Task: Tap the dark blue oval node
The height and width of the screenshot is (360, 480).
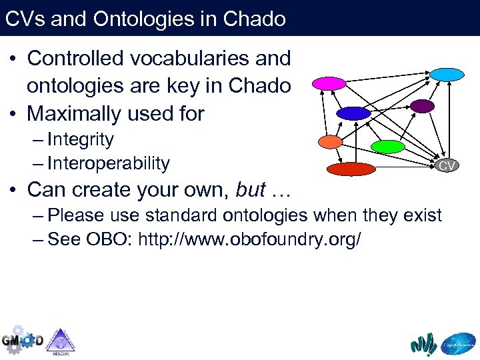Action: [353, 113]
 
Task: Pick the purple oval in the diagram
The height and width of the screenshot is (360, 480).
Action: [422, 106]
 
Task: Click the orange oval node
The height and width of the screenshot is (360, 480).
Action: [330, 141]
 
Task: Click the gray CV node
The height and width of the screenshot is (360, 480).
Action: [446, 165]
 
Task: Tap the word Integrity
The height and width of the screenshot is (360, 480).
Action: [81, 140]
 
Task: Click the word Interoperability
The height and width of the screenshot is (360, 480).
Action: [109, 163]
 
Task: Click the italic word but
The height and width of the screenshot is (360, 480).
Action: [251, 190]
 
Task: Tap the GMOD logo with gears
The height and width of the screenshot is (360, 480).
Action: [22, 339]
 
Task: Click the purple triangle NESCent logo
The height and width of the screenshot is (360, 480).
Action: [61, 340]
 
